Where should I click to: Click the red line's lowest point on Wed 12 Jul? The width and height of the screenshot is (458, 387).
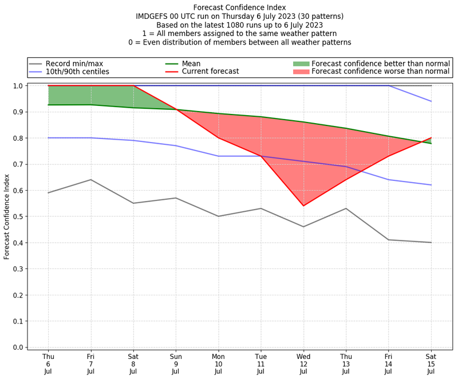tap(303, 206)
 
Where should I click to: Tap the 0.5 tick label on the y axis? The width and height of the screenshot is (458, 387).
tap(18, 216)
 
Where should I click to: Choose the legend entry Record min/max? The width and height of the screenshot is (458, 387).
tap(74, 64)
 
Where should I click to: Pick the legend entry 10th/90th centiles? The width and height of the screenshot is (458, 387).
tap(77, 72)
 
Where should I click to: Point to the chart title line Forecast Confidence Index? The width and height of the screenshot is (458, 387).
tap(239, 7)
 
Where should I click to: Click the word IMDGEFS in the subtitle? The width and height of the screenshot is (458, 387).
tap(154, 17)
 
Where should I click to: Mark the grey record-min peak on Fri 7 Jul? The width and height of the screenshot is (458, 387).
tap(90, 180)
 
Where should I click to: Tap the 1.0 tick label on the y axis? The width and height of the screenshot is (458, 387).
tap(18, 86)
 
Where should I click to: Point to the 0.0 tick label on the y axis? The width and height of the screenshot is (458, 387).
tap(18, 347)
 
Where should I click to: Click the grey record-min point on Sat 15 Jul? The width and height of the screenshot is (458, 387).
tap(431, 242)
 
